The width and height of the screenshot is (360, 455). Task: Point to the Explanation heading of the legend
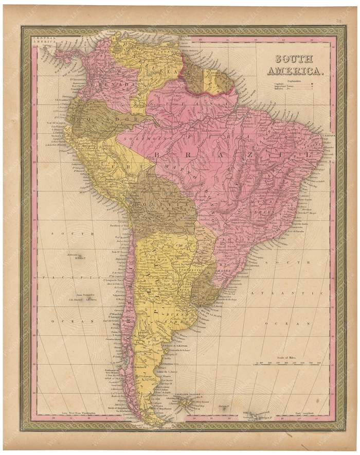coord(295,81)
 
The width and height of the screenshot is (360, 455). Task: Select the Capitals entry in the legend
coord(280,85)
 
